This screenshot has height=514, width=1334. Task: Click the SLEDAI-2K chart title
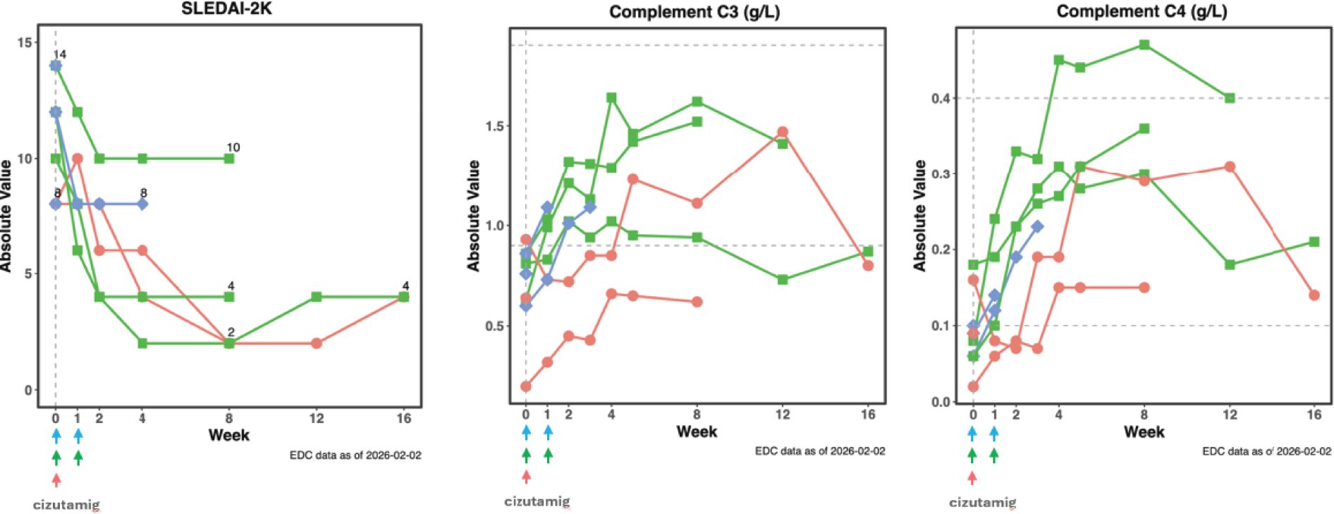click(x=226, y=8)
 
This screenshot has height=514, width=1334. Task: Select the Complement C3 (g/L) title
click(x=694, y=12)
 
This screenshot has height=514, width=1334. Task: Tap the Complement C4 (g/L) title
click(x=1142, y=11)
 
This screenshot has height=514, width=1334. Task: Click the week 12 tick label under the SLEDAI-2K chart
click(x=317, y=418)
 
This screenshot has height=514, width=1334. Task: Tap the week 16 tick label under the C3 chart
click(x=868, y=415)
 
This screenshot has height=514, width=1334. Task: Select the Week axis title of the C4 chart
click(x=1144, y=432)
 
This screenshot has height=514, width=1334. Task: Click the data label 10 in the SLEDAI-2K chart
click(x=233, y=147)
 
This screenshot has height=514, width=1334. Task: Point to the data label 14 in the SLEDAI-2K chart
click(x=59, y=54)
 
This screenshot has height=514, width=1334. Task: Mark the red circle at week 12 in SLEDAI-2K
click(x=317, y=343)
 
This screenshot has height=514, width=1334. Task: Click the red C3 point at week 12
click(x=783, y=132)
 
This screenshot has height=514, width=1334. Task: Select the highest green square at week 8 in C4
click(x=1144, y=45)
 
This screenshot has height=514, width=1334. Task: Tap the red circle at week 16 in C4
click(x=1314, y=295)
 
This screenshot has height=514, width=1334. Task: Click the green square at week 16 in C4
click(x=1314, y=242)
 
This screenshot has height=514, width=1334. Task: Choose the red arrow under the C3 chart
click(x=526, y=477)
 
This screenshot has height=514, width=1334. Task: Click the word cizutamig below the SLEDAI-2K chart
click(x=66, y=505)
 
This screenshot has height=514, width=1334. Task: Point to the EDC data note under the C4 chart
click(x=1266, y=451)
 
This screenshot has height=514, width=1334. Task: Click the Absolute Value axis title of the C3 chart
click(x=473, y=215)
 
